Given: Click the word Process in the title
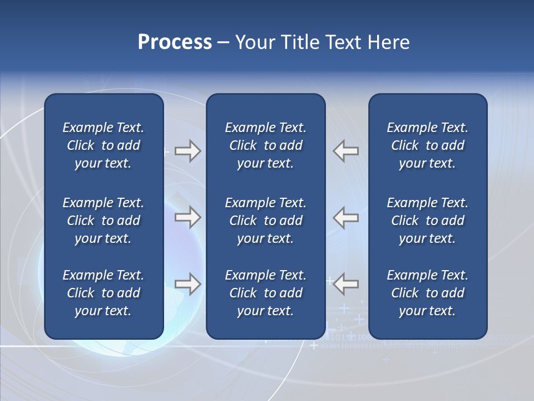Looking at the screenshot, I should click(175, 42).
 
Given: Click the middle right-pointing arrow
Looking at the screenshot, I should click(188, 217).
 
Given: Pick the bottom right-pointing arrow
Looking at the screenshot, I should click(188, 284).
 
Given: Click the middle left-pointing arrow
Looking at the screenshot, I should click(345, 217).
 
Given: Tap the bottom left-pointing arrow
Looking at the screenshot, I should click(345, 284).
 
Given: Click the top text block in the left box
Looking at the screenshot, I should click(103, 145).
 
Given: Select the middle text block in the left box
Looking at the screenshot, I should click(103, 221).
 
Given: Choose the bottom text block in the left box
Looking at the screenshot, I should click(103, 293).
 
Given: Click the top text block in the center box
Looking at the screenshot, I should click(265, 145).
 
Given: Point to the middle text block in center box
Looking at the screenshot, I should click(265, 221).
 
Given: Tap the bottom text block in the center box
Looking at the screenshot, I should click(265, 293).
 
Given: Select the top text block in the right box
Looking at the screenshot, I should click(427, 145).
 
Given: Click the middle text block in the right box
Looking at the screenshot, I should click(427, 221).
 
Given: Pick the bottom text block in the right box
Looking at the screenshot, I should click(427, 293).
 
